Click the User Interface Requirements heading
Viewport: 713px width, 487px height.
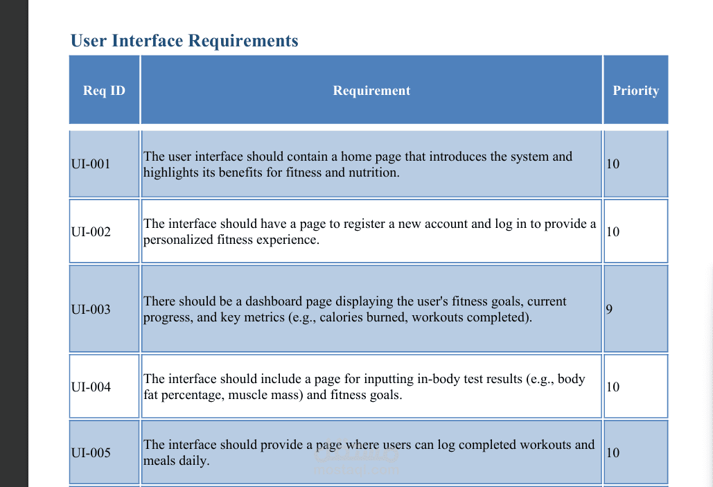[184, 40]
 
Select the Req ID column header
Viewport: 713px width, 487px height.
[104, 91]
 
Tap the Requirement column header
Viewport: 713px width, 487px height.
[371, 91]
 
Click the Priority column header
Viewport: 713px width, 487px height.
[635, 91]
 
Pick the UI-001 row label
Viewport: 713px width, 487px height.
[91, 163]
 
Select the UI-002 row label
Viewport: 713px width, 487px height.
[91, 232]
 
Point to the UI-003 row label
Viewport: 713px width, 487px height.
[91, 309]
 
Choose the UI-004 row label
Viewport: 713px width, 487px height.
[91, 387]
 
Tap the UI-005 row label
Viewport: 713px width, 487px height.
[91, 453]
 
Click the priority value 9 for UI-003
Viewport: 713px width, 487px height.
[609, 309]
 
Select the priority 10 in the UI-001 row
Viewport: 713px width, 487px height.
[613, 163]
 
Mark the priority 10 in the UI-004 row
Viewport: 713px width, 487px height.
[613, 387]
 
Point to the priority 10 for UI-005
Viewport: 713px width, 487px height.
[613, 453]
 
